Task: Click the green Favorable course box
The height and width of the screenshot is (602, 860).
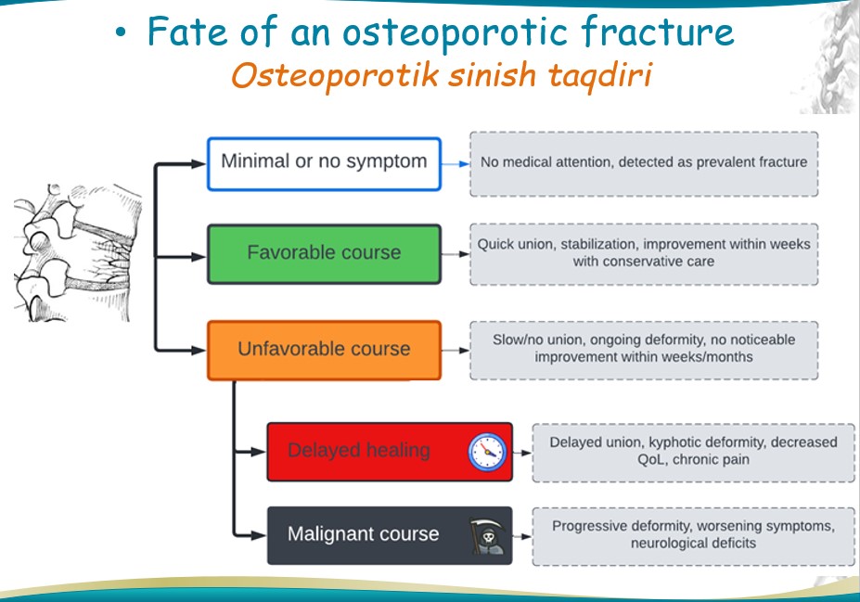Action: click(x=324, y=253)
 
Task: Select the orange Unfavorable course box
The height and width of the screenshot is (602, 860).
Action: click(x=324, y=350)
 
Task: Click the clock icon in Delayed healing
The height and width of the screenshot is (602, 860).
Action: click(x=488, y=452)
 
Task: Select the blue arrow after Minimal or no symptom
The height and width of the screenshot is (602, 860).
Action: click(x=455, y=163)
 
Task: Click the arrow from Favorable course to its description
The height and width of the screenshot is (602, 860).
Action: click(x=455, y=253)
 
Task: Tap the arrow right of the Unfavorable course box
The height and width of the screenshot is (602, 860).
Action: click(x=455, y=350)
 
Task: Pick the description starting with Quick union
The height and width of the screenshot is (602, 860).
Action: click(x=644, y=253)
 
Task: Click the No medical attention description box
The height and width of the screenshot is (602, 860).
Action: click(x=644, y=163)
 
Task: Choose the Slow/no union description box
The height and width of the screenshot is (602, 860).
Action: click(x=644, y=349)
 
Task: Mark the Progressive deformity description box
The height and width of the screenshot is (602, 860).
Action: click(x=693, y=534)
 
